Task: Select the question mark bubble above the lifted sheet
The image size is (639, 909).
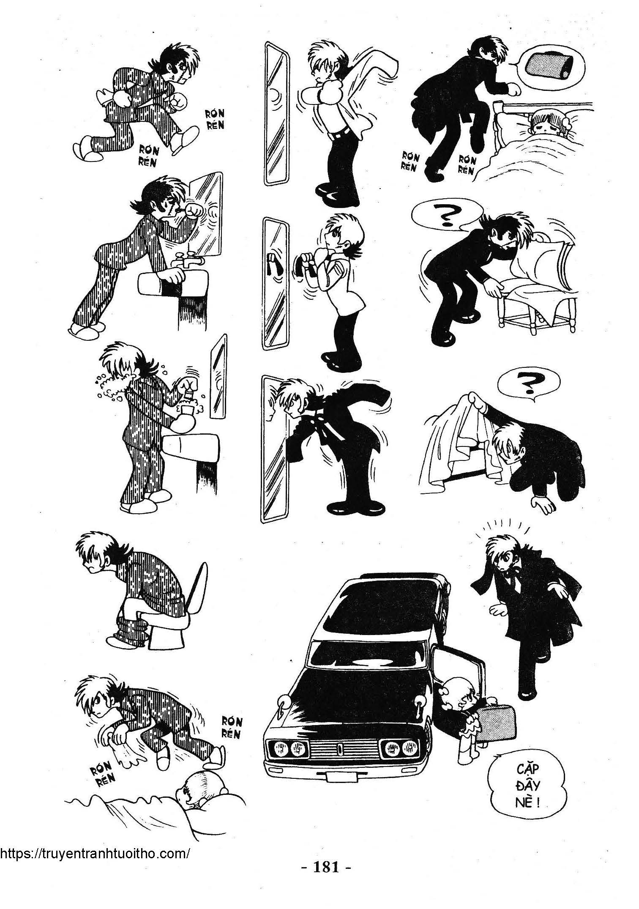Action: (526, 383)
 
